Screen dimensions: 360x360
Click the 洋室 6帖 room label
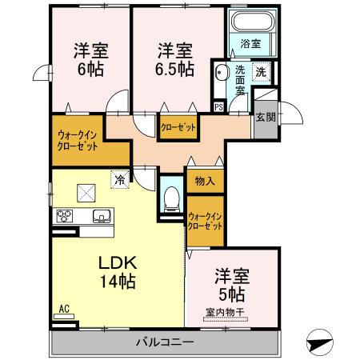[x=90, y=58]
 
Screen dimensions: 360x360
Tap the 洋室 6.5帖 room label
[x=174, y=58]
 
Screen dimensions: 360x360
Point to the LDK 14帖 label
[x=118, y=273]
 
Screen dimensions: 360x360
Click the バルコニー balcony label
[x=163, y=342]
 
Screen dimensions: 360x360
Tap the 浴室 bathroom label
[x=250, y=44]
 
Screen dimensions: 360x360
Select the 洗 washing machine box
[x=262, y=72]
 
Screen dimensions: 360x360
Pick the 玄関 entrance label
[x=266, y=116]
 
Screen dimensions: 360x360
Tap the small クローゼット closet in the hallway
[x=176, y=127]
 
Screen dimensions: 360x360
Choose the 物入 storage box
[x=204, y=181]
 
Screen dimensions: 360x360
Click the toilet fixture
[x=170, y=200]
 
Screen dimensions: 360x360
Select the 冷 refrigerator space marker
[x=119, y=180]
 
